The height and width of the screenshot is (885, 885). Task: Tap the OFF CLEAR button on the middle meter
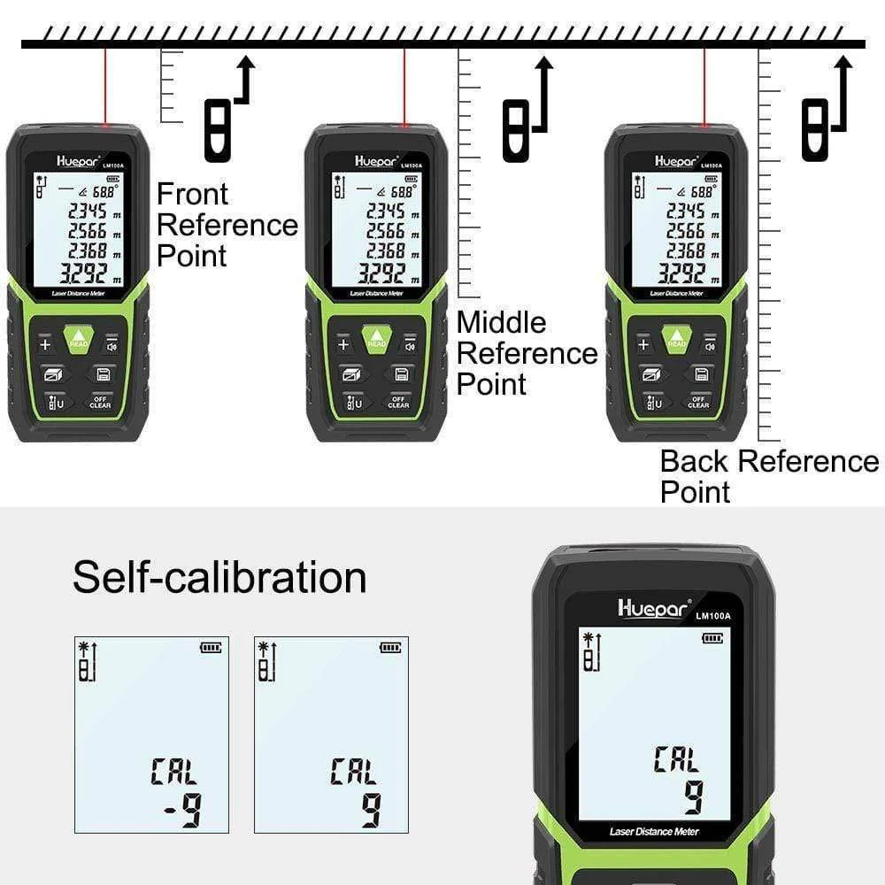pos(398,402)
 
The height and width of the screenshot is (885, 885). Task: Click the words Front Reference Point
pos(227,225)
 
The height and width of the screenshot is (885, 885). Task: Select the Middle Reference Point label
pos(527,353)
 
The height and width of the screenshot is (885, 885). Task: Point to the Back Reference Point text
pos(768,476)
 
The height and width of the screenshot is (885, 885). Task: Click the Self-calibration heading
pos(219,578)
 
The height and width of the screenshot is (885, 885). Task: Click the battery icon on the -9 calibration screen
pos(211,648)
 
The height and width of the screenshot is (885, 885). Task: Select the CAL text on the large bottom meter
pos(676,759)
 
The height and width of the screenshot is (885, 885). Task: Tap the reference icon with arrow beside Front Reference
pos(227,111)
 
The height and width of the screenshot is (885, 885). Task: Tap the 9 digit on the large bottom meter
pos(692,797)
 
